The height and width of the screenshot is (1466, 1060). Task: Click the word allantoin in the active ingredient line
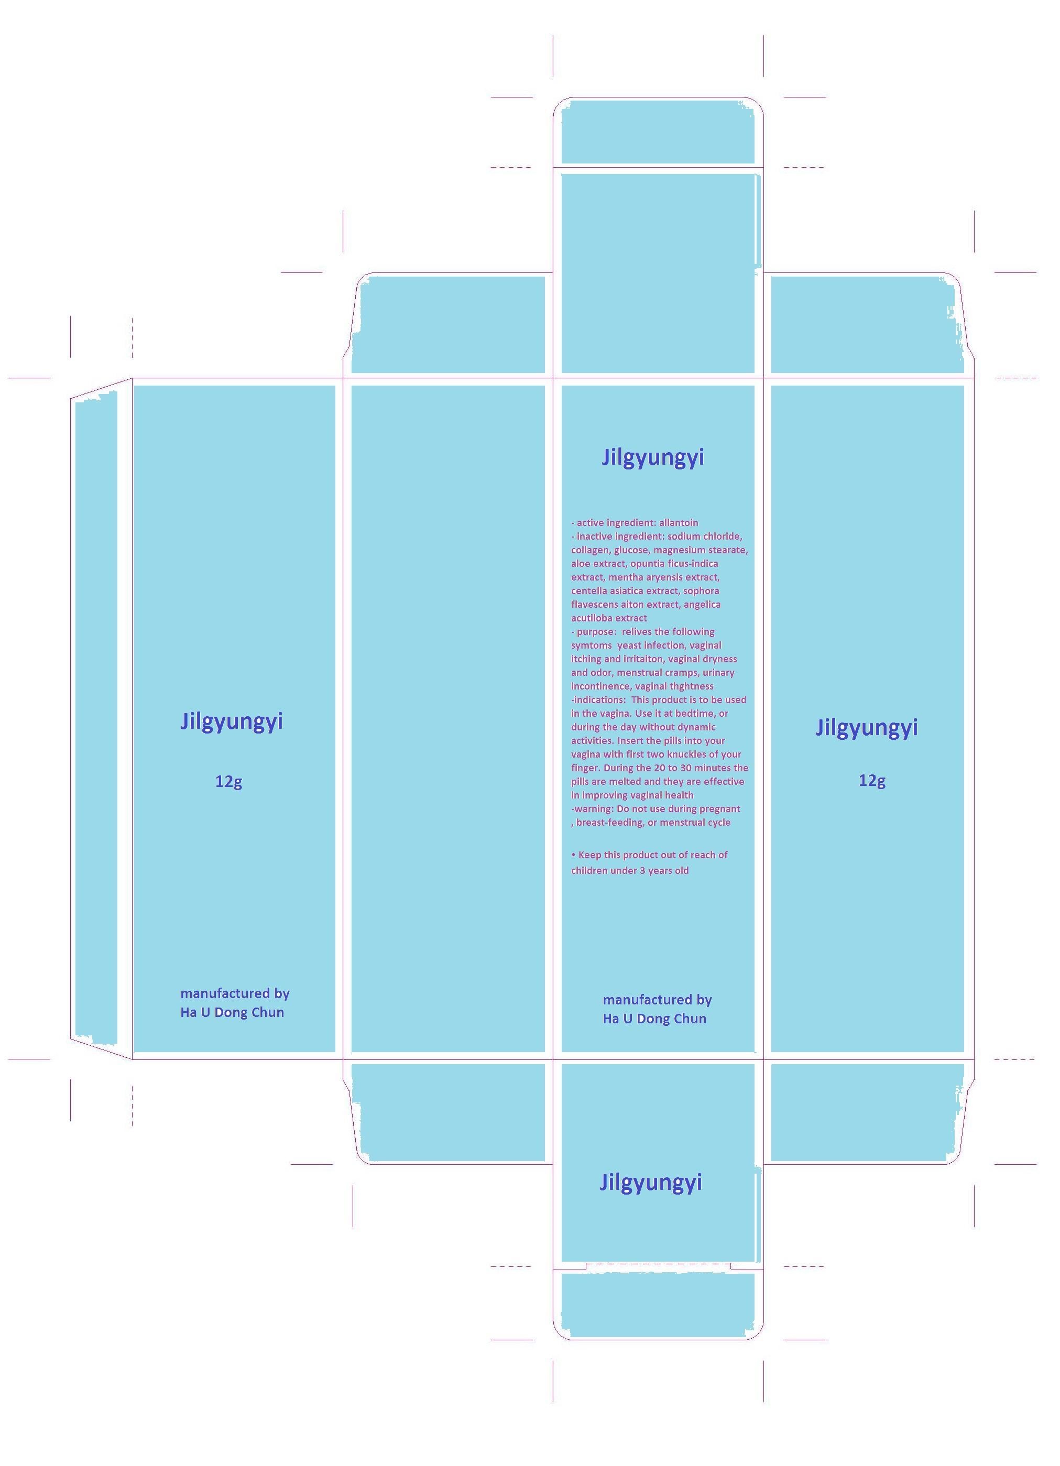point(679,523)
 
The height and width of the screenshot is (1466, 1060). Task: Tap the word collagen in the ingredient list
point(590,551)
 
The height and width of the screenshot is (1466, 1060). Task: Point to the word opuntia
point(647,564)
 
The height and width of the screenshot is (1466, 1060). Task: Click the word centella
point(589,591)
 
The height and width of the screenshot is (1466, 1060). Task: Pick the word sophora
point(701,592)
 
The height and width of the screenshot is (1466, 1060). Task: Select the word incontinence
point(600,686)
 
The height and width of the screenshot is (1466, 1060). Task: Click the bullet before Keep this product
point(573,855)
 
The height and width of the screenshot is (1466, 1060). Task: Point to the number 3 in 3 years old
point(642,871)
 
